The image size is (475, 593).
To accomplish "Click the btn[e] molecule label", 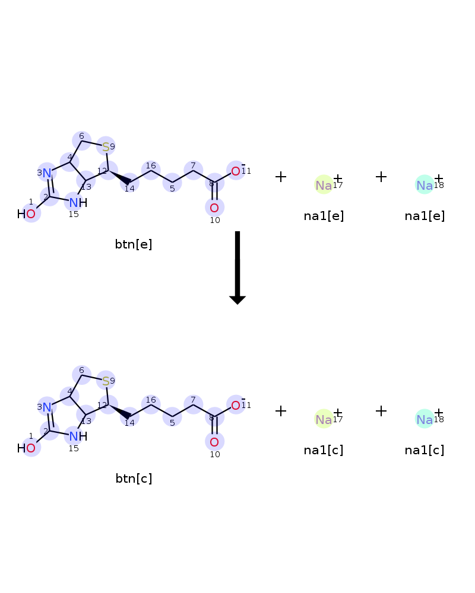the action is click(x=134, y=244).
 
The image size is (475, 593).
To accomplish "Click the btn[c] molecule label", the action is click(x=134, y=479).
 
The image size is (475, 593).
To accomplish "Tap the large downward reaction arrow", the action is click(x=237, y=268).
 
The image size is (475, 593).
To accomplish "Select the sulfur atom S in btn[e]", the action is click(x=106, y=146).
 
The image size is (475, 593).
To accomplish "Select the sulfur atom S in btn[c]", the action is click(x=106, y=381).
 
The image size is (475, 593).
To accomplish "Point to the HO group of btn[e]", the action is click(x=26, y=214).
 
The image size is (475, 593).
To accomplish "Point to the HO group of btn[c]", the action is click(x=26, y=448).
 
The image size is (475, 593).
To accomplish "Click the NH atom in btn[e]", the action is click(x=78, y=203).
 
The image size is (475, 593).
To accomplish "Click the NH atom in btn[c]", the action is click(x=78, y=436).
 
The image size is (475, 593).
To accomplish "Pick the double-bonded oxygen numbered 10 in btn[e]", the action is click(x=214, y=208).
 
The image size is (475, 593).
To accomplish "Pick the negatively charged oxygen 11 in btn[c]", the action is click(x=236, y=406).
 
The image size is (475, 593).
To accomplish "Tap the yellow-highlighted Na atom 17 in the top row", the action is click(x=324, y=185).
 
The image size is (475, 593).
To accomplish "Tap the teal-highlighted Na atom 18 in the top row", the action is click(x=425, y=185).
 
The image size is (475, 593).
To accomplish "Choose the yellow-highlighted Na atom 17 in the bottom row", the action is click(x=324, y=419).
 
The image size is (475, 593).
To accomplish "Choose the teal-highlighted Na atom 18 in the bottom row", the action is click(x=425, y=419).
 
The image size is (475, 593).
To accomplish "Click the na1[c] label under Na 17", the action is click(x=324, y=450).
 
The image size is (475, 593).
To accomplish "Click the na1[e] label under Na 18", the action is click(x=425, y=216).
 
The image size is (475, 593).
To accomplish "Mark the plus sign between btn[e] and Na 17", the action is click(x=281, y=177).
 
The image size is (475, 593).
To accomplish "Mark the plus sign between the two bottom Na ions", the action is click(x=381, y=411).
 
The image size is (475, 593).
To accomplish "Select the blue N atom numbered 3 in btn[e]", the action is click(x=46, y=173).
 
